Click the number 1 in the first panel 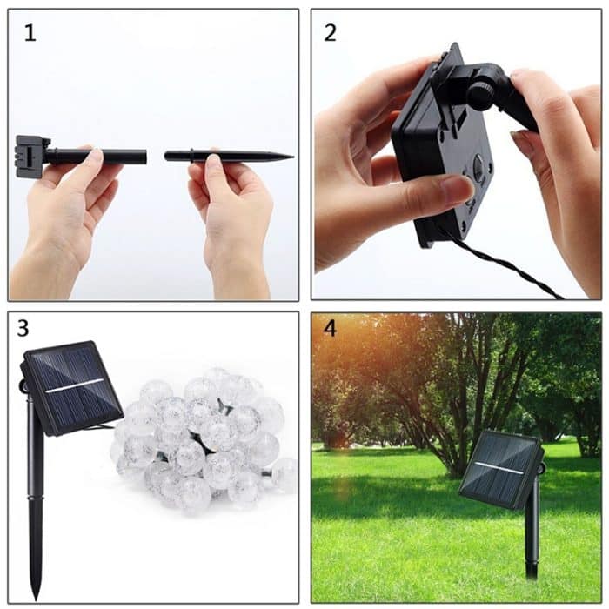(x=30, y=34)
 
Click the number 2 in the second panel (x=331, y=34)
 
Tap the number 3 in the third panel (x=23, y=328)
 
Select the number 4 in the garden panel (x=330, y=330)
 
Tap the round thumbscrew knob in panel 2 (x=481, y=92)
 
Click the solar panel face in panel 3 (x=71, y=387)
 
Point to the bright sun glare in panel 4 (x=335, y=348)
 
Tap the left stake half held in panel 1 (x=96, y=157)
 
